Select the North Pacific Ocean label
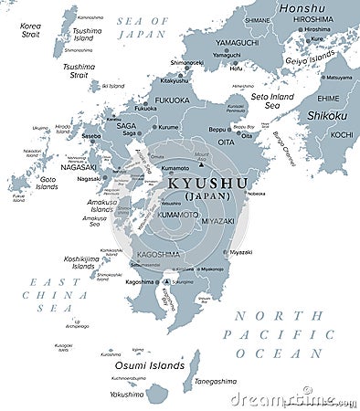tap(280, 334)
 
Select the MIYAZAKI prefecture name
tap(217, 221)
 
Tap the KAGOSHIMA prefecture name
tap(158, 255)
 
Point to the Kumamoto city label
tap(175, 169)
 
